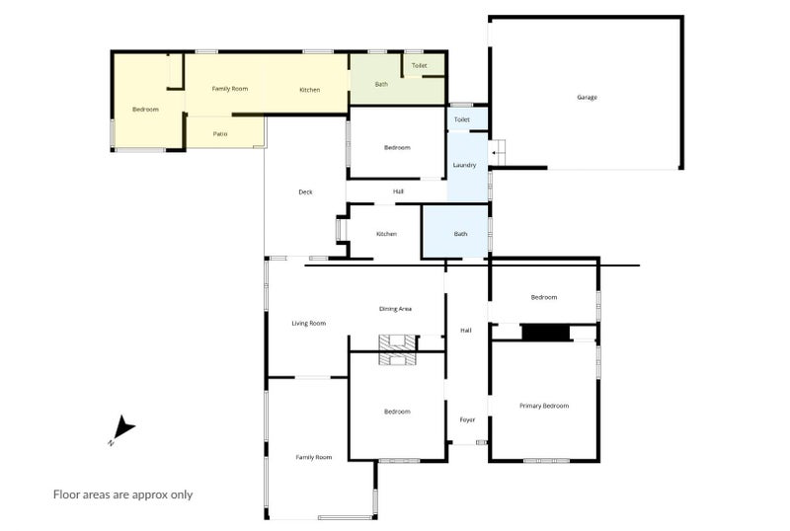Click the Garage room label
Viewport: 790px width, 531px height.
point(587,98)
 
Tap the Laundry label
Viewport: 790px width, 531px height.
point(464,165)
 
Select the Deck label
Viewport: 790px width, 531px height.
point(305,191)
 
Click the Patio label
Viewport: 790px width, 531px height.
point(220,134)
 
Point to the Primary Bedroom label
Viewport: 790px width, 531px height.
point(544,406)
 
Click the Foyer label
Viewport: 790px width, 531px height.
point(467,419)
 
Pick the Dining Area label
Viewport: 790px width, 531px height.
point(396,309)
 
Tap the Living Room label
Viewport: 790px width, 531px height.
point(309,324)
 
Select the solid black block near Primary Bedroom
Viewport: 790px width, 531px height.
point(546,333)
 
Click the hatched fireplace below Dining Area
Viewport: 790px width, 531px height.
point(398,349)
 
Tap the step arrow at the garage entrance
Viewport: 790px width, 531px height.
point(498,153)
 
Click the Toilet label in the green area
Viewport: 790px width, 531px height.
point(419,65)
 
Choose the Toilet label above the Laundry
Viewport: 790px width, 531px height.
point(462,119)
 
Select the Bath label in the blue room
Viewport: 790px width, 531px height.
point(460,234)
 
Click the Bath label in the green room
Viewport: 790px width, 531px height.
point(381,84)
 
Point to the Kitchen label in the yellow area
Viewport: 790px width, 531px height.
point(310,90)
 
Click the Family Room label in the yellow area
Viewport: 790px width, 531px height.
point(230,89)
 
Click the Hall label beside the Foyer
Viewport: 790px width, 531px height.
point(466,331)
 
